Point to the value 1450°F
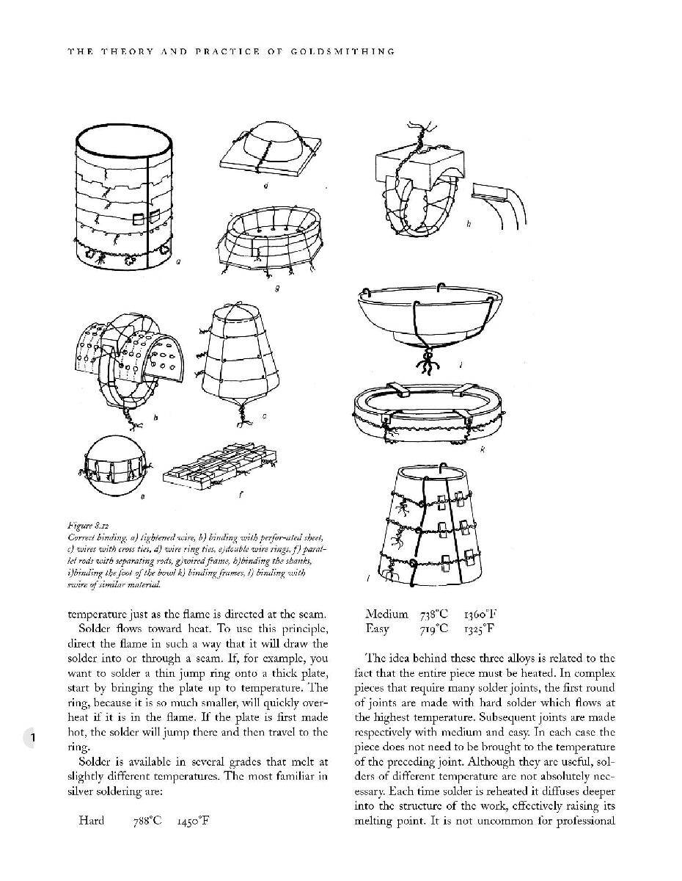click(x=193, y=821)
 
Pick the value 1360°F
click(x=479, y=614)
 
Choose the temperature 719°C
click(x=434, y=629)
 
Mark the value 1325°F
click(x=479, y=629)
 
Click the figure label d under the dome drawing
click(x=265, y=186)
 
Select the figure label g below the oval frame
click(x=276, y=289)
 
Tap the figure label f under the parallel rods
click(x=241, y=495)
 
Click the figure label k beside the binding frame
click(x=482, y=449)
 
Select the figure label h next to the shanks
click(x=469, y=223)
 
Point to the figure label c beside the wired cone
click(x=264, y=416)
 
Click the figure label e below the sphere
click(x=142, y=497)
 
